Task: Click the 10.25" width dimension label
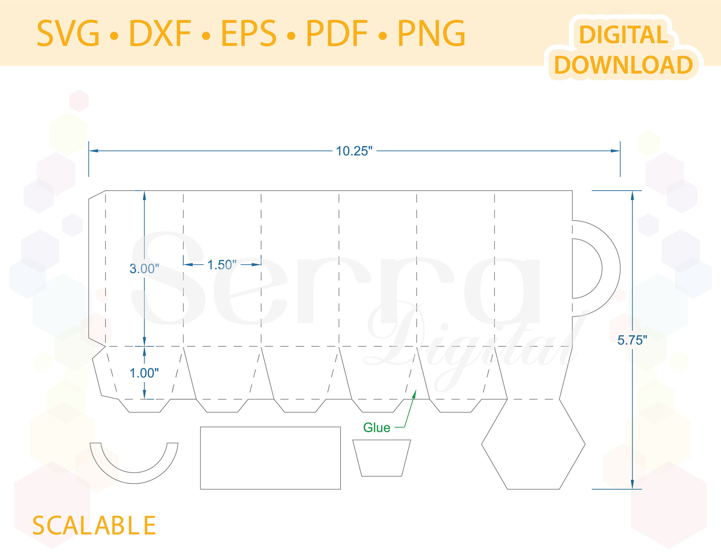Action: tap(354, 151)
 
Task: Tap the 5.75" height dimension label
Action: tap(632, 340)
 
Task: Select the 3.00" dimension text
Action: tap(144, 269)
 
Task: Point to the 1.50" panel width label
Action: tap(222, 265)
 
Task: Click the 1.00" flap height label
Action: tap(144, 373)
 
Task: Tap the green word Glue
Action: tap(377, 428)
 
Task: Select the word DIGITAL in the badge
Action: tap(624, 35)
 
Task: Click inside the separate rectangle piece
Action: tap(270, 458)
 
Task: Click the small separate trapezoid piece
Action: tap(382, 458)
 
